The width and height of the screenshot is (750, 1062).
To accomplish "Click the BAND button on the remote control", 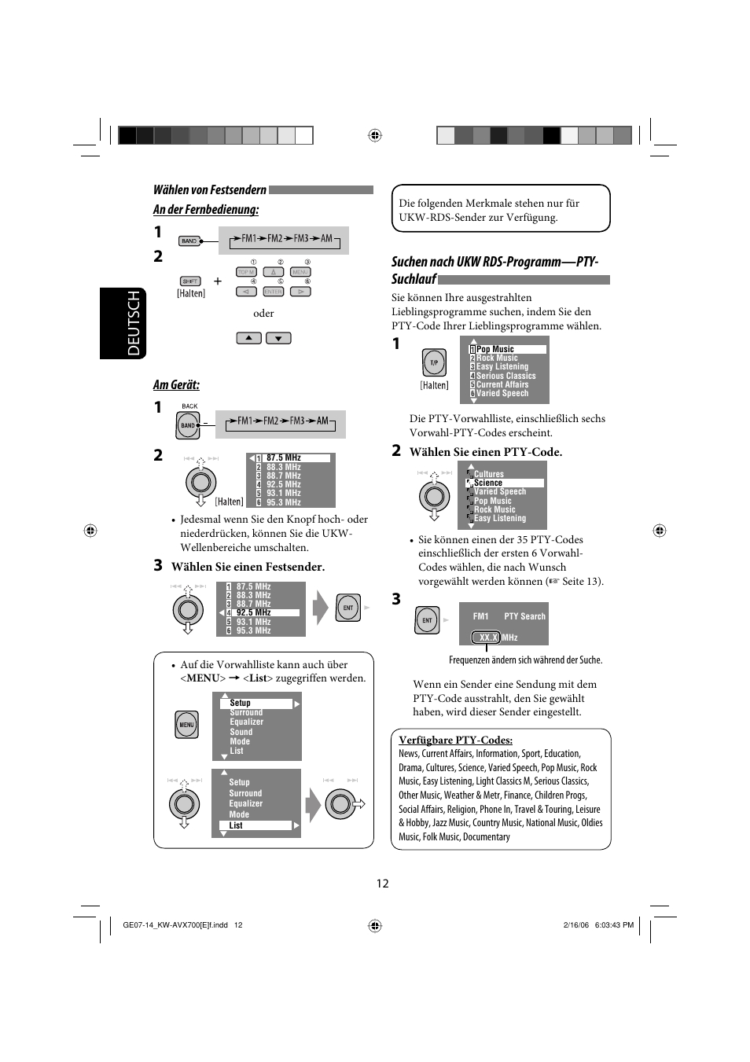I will pos(189,241).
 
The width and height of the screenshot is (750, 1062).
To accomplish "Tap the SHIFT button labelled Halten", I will pos(190,281).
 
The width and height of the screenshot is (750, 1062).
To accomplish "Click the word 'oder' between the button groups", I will pos(263,314).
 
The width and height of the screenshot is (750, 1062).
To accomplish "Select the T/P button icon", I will pos(434,363).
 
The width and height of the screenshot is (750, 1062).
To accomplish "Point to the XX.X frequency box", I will pos(488,638).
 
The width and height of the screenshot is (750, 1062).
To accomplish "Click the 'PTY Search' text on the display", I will pos(524,616).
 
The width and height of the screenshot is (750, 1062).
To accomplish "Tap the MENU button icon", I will pos(186,725).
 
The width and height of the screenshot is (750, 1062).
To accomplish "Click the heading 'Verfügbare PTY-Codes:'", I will pos(455,740).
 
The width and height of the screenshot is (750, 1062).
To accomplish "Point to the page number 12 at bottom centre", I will pos(382,884).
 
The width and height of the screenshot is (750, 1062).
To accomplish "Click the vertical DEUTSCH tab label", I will pos(132,323).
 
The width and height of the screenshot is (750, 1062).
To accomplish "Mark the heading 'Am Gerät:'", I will pos(176,384).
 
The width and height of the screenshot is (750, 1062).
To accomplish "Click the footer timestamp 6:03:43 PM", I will pos(614,925).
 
